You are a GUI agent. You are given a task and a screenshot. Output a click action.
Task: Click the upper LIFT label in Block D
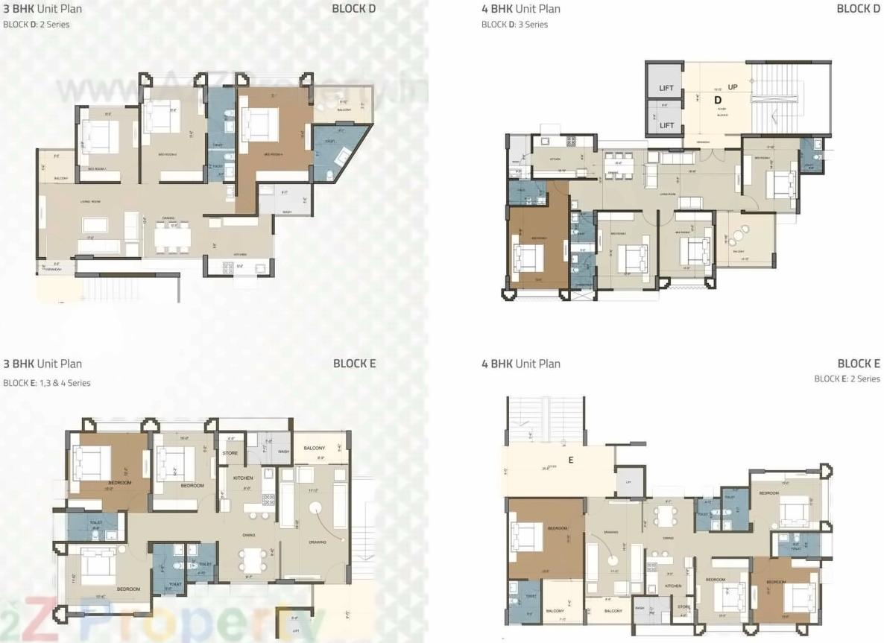[666, 88]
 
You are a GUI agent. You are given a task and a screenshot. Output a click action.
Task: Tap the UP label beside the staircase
[733, 87]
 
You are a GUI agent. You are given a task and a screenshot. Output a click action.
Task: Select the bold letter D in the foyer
[719, 100]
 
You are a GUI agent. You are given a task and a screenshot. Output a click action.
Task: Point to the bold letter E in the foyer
[571, 460]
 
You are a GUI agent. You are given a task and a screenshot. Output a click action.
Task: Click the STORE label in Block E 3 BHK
[230, 453]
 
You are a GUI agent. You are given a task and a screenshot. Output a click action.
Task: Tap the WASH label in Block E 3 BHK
[283, 452]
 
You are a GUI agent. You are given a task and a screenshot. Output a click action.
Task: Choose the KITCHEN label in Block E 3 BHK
[243, 478]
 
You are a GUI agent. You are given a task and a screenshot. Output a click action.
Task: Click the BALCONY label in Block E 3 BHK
[314, 448]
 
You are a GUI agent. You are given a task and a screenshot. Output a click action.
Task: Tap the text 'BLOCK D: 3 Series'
[514, 25]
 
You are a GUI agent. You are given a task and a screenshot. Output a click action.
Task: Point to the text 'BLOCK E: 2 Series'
[847, 378]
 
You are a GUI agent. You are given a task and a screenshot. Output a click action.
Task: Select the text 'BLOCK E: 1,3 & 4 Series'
[47, 383]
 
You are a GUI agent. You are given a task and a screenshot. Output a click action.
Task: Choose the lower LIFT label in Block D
[666, 125]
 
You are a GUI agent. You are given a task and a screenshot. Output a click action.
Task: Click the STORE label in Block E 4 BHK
[683, 606]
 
